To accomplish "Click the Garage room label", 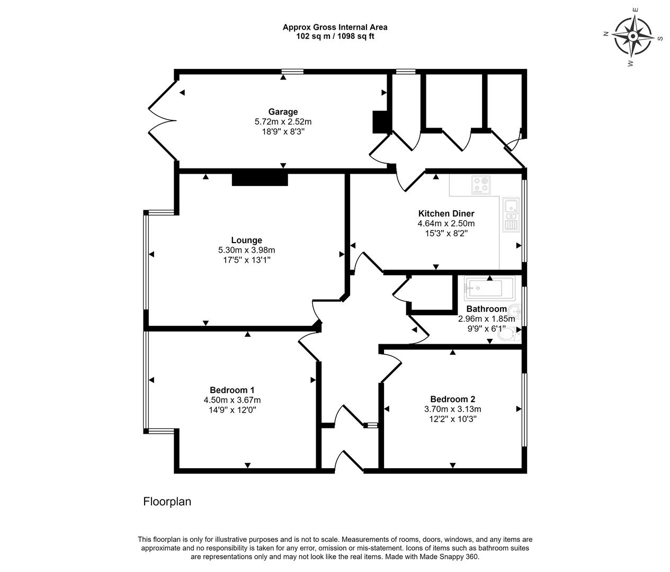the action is click(283, 112).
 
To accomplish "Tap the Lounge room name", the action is click(246, 240).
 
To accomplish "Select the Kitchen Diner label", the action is click(446, 213).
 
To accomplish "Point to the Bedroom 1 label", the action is click(232, 390).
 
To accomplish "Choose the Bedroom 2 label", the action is click(452, 399).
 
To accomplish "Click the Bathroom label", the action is click(486, 309).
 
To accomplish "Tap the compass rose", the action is click(632, 37).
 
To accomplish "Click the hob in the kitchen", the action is click(481, 185).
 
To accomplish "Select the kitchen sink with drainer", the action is click(511, 215).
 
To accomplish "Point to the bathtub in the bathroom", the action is click(489, 288).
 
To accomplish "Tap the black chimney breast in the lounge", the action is click(260, 180).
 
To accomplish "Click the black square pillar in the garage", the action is click(380, 122).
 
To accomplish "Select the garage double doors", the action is click(162, 121).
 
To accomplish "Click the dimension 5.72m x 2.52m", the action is click(283, 122).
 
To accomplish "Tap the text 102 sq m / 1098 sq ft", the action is click(335, 37).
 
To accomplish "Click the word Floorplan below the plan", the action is click(167, 502).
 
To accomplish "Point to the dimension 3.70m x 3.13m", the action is click(452, 409).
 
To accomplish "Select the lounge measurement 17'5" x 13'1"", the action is click(246, 260).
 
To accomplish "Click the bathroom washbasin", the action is click(514, 311).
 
